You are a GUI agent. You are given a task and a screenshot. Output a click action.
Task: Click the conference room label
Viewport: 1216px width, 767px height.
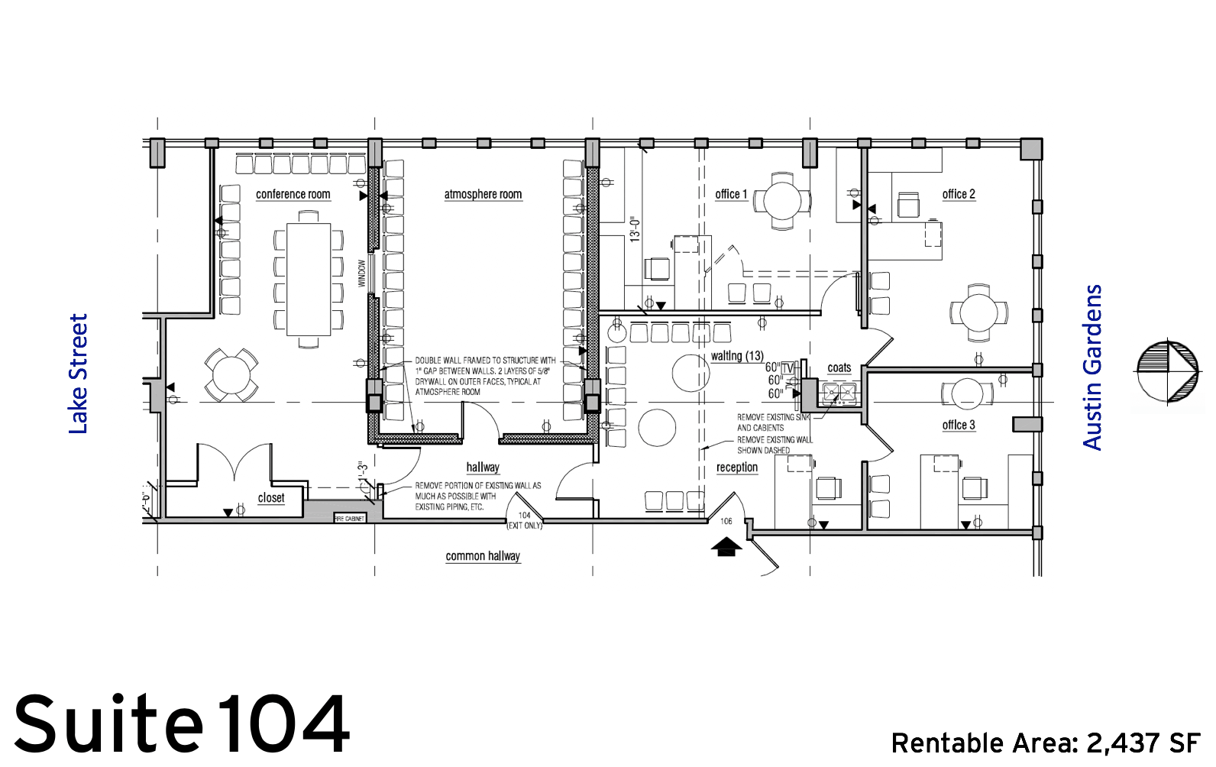[293, 194]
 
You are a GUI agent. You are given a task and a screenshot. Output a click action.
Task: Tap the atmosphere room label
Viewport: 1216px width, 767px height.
[483, 194]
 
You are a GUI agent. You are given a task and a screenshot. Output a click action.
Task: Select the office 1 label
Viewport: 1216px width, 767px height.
[731, 194]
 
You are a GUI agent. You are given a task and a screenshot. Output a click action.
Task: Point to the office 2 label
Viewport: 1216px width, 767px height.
[959, 194]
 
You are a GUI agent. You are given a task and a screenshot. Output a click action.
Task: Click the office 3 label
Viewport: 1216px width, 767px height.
[959, 425]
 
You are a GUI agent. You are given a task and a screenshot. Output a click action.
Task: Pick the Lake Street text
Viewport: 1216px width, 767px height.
[79, 374]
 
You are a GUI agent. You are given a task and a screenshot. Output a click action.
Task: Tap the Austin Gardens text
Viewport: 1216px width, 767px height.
[1093, 367]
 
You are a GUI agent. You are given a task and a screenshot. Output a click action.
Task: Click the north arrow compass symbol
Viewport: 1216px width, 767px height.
[1167, 371]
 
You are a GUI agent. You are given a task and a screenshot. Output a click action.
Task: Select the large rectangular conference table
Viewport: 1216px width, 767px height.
[309, 280]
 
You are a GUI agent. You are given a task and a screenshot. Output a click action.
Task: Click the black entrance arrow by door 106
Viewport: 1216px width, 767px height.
[726, 546]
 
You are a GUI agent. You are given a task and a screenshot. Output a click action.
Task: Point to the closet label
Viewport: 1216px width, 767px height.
[270, 498]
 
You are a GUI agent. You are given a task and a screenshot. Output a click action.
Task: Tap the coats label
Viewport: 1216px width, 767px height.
[839, 368]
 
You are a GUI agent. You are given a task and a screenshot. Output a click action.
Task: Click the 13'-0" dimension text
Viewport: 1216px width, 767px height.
[635, 230]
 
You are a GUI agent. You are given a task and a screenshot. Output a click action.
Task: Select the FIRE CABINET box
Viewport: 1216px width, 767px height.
[350, 518]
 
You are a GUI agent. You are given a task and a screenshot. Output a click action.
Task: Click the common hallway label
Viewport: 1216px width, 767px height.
[483, 556]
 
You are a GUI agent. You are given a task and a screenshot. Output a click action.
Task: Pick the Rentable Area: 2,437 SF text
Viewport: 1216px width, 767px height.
[1046, 743]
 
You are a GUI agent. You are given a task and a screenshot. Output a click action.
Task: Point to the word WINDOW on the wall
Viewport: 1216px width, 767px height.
[362, 273]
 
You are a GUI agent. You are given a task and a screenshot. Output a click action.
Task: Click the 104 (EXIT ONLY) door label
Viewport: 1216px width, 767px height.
[525, 520]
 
